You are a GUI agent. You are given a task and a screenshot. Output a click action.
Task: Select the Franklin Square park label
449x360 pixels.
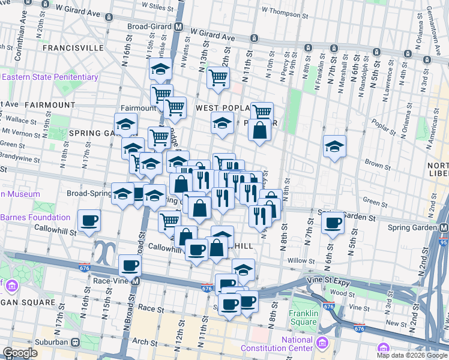303,317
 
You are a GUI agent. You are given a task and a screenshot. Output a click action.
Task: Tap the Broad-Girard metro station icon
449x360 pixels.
179,27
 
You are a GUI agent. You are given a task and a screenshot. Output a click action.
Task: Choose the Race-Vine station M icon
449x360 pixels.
136,280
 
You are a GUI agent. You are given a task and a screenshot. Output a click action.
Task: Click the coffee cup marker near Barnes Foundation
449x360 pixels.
89,221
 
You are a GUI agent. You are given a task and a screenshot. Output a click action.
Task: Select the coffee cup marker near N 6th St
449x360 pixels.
332,223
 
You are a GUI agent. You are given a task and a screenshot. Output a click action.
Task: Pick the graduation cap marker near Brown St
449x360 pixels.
334,146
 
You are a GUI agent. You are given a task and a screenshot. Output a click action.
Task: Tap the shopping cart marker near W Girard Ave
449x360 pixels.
218,77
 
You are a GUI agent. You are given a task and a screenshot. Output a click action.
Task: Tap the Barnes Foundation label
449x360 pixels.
35,217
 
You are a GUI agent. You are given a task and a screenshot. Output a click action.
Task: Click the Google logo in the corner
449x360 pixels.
20,353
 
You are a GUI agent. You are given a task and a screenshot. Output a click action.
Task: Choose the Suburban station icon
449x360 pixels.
76,342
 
